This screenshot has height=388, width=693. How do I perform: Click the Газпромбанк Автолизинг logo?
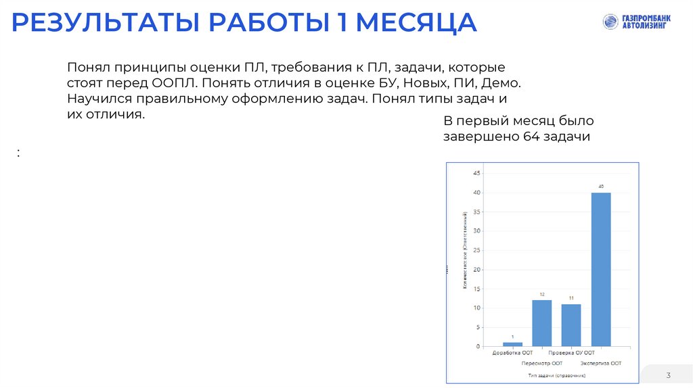[635, 22]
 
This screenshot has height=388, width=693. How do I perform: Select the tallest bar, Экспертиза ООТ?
[601, 269]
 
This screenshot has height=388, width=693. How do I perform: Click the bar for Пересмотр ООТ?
[542, 322]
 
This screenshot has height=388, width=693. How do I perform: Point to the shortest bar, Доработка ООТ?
[512, 344]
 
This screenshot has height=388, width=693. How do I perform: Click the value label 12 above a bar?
[542, 295]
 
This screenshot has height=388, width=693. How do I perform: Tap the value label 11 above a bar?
[571, 298]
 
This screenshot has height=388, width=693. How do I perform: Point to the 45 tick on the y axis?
[476, 173]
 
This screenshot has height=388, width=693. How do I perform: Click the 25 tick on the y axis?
[476, 250]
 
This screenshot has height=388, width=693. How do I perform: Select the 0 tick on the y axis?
[478, 347]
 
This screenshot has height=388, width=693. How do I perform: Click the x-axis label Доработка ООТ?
[512, 353]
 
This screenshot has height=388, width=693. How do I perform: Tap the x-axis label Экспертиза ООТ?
[601, 363]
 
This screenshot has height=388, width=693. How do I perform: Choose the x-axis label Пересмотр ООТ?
[542, 363]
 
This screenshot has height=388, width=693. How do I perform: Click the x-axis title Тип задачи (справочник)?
[557, 374]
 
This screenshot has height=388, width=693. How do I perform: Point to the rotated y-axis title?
[465, 251]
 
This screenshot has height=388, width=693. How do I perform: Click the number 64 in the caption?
[531, 137]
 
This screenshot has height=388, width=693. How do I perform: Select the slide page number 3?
[668, 375]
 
